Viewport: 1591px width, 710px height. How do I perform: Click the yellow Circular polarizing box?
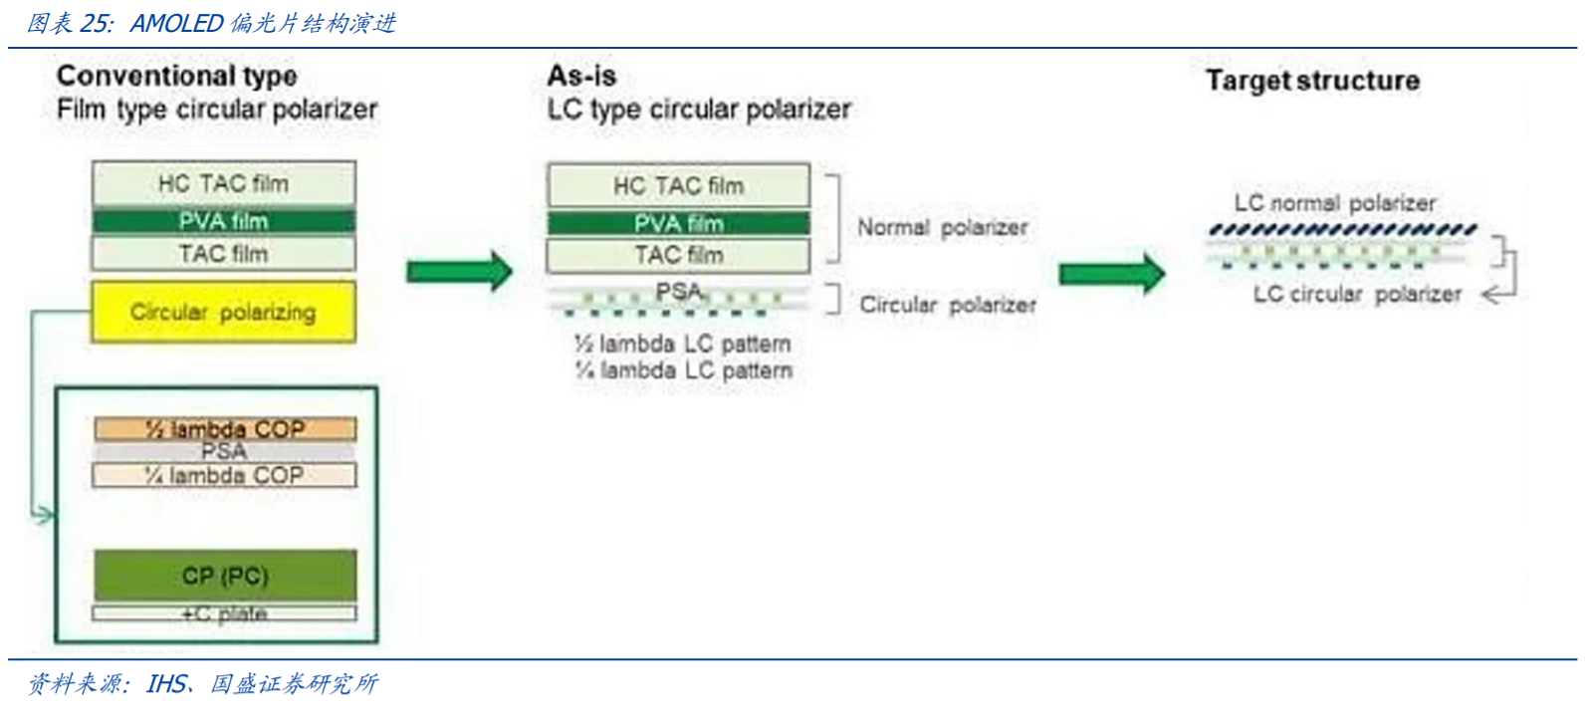click(223, 312)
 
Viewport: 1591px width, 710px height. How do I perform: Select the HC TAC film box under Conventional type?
click(223, 183)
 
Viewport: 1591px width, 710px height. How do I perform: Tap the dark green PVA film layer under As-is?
click(678, 223)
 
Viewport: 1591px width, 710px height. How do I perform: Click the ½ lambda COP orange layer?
click(225, 429)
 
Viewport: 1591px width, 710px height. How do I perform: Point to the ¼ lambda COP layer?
click(225, 476)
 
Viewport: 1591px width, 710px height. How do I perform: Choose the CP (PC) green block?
click(225, 576)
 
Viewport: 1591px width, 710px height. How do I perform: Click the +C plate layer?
click(225, 613)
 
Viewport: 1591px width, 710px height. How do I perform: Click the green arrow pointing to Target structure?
click(1110, 273)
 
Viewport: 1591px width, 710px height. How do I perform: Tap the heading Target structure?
click(1312, 81)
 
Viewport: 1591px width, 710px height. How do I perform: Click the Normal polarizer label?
click(942, 228)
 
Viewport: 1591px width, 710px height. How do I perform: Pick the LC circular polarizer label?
click(1357, 294)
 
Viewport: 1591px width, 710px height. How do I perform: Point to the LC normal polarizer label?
click(1334, 203)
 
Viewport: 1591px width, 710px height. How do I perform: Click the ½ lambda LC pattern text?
click(683, 345)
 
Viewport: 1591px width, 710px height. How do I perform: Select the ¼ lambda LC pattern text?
click(683, 370)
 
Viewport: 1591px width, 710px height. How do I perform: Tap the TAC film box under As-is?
click(678, 256)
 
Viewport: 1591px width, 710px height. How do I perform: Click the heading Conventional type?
click(176, 76)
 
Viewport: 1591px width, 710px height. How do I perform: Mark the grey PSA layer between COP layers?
click(225, 452)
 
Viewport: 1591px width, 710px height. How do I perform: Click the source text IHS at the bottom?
click(166, 683)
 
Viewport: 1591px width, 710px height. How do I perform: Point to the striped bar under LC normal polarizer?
click(1342, 230)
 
